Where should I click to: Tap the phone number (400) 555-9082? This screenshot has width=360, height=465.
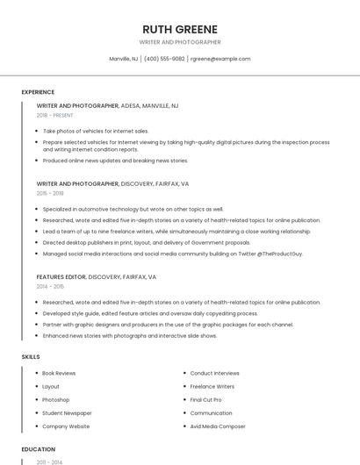(x=164, y=59)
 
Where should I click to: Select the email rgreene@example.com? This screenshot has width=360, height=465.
(x=220, y=59)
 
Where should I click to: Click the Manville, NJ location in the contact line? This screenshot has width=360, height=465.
(x=123, y=59)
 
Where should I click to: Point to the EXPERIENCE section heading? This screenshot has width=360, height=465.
(x=38, y=92)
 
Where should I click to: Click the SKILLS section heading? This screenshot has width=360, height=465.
(x=31, y=357)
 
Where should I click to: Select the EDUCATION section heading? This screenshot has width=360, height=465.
(x=38, y=449)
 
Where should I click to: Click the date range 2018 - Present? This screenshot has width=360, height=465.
(x=54, y=115)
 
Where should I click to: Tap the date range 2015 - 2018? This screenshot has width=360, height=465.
(x=50, y=193)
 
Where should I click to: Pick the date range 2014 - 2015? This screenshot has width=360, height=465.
(x=50, y=286)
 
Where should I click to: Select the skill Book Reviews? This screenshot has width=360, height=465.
(x=59, y=373)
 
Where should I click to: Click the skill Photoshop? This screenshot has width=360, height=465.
(x=55, y=399)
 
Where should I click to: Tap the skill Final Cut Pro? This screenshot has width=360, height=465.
(x=206, y=399)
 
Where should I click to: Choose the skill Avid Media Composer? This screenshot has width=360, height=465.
(x=218, y=426)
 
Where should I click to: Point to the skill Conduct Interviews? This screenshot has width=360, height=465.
(x=214, y=373)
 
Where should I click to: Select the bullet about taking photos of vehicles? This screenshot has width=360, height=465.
(x=96, y=131)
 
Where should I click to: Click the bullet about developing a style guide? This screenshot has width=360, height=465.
(x=150, y=313)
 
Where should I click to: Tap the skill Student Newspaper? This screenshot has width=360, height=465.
(x=67, y=412)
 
